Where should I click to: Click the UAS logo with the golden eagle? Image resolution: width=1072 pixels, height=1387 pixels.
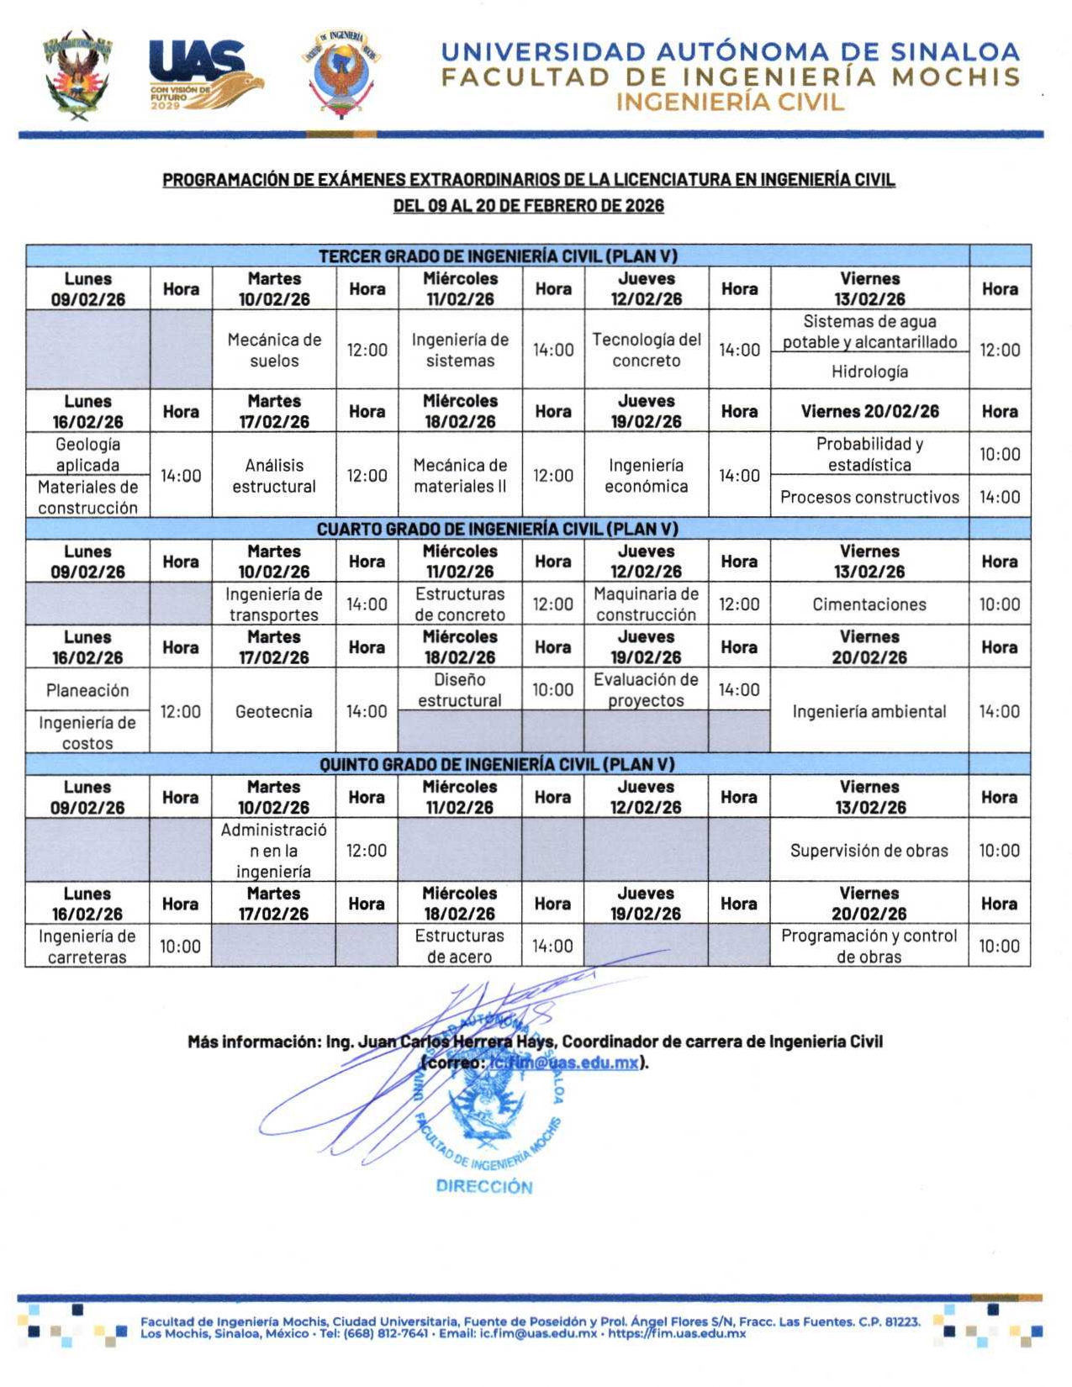204,75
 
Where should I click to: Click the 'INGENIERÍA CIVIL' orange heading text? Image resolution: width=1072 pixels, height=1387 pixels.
730,103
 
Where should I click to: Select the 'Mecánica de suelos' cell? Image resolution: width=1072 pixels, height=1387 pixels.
274,350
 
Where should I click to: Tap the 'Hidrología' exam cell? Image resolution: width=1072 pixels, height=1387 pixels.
869,372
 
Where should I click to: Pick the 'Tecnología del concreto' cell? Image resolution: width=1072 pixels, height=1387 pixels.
646,350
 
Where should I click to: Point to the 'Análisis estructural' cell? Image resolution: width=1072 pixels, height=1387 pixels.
274,476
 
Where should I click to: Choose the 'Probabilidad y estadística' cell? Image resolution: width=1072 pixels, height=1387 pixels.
869,454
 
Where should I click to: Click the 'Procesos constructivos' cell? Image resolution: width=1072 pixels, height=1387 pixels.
869,497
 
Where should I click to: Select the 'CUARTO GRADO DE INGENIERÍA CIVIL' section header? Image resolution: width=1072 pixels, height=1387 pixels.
497,529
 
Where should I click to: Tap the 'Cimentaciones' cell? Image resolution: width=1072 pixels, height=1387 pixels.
869,604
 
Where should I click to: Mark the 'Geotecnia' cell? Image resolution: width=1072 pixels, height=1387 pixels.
274,711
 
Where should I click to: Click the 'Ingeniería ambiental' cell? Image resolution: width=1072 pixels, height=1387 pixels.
869,711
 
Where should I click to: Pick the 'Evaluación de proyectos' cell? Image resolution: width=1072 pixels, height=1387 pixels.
646,689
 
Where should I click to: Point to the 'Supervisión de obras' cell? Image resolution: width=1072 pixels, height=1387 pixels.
869,851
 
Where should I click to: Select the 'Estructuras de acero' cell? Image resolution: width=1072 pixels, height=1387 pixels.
459,946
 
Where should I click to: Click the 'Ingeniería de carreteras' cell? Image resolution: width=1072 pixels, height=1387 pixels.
87,946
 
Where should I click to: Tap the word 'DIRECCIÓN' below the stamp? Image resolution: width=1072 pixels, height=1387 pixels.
484,1187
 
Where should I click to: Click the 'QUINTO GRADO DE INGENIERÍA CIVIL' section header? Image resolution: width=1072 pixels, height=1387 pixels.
497,764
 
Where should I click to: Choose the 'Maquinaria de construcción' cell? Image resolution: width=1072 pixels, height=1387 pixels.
646,604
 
